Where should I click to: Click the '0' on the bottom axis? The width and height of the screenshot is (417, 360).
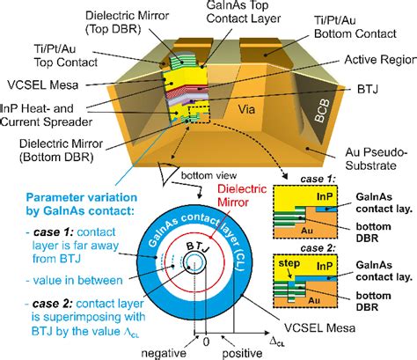pos(208,337)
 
